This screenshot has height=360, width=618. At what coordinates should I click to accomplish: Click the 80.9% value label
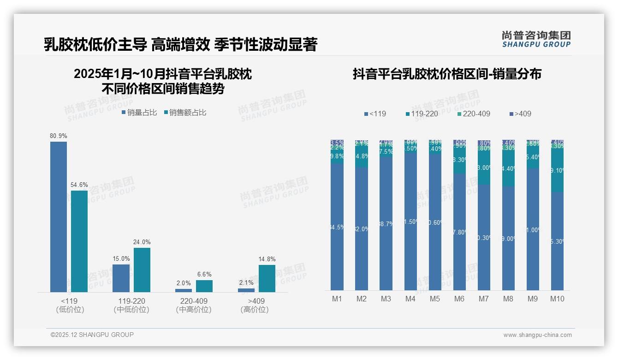59,136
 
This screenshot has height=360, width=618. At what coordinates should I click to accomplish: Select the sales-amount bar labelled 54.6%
79,241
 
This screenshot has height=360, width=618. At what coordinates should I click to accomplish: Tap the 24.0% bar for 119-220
142,270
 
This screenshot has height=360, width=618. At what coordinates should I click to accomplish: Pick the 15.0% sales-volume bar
121,278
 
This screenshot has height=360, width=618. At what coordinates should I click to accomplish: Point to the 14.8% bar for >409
267,278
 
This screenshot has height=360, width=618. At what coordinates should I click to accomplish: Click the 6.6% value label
204,275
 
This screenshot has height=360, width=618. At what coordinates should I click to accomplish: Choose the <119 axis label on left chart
70,301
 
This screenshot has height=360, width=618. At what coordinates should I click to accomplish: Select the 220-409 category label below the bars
194,301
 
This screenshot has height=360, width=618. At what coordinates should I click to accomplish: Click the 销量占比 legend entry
139,113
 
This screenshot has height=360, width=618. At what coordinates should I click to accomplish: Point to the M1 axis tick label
337,299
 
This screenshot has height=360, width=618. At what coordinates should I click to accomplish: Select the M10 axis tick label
557,299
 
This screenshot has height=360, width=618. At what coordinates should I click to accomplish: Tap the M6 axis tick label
459,299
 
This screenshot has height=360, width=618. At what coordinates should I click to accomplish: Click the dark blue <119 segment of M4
410,222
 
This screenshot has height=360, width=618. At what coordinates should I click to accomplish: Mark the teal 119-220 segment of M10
557,170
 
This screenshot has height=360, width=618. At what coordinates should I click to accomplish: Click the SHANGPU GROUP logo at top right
536,39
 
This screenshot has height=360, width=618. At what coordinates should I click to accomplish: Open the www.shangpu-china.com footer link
537,335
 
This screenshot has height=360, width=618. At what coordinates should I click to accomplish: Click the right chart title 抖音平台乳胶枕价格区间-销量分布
447,74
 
